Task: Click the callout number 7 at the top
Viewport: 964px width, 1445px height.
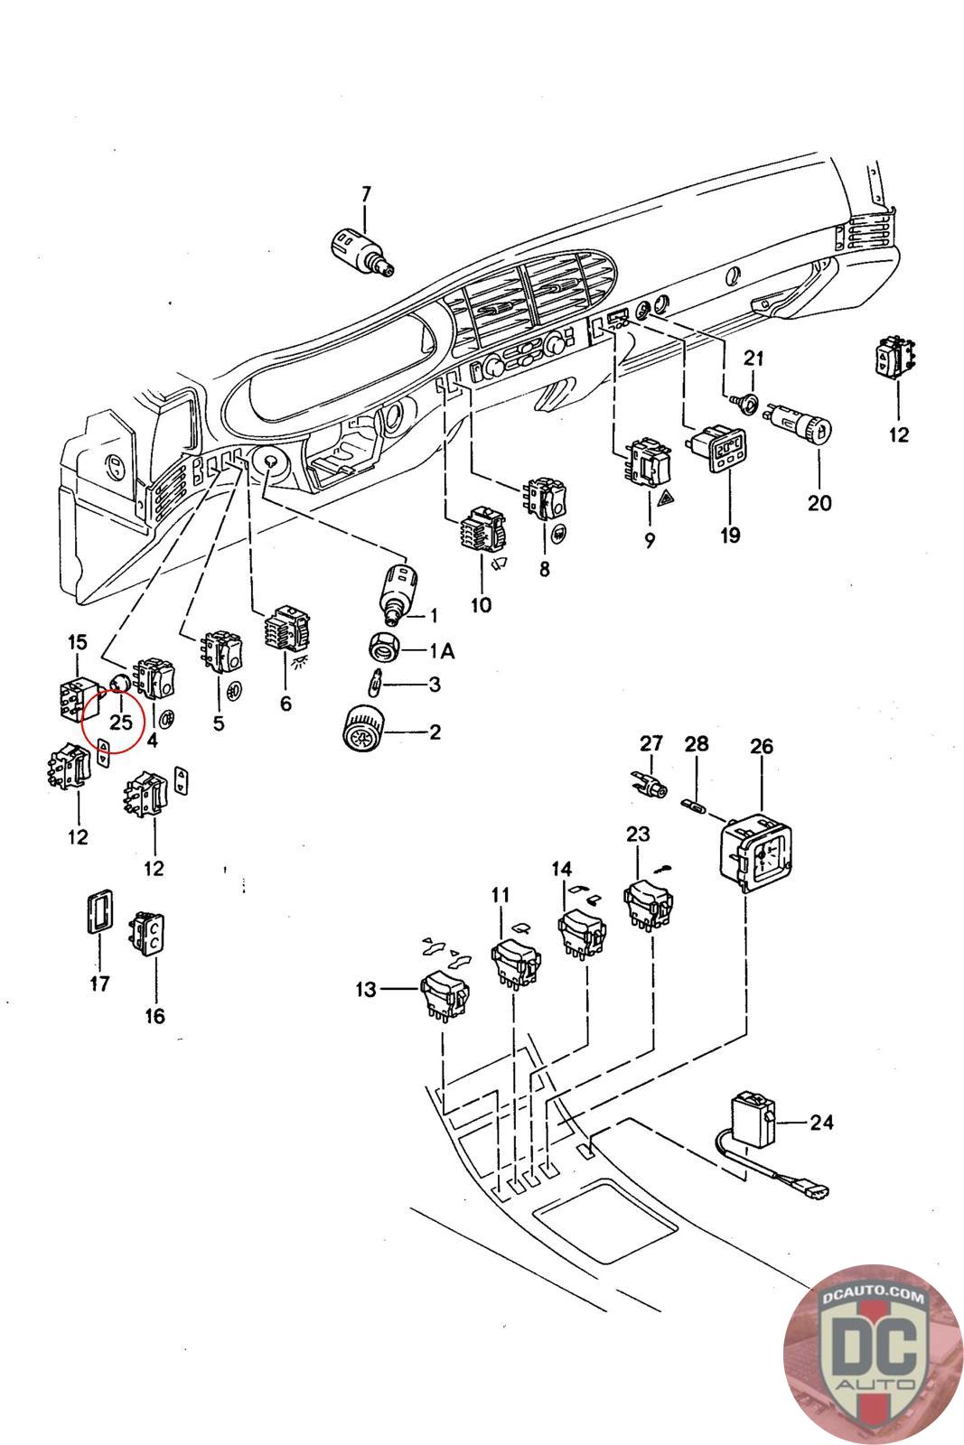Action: tap(366, 193)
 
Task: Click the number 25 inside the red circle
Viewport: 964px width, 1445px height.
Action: tap(121, 722)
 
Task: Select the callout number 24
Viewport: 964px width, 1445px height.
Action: tap(821, 1123)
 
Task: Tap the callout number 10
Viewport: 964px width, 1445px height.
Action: tap(481, 604)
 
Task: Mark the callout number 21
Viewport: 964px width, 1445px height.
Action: tap(753, 358)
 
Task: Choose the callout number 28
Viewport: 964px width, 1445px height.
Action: tap(697, 744)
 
